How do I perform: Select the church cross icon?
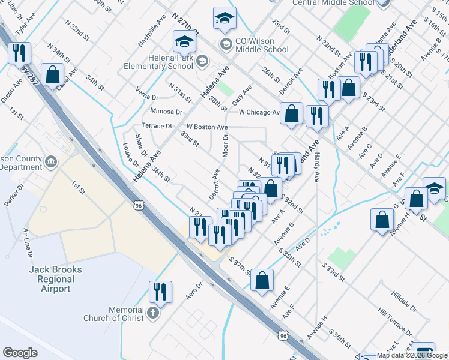[152, 313]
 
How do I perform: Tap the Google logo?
[20, 353]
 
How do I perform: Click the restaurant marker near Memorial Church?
[160, 292]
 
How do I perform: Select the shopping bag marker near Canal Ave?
[53, 75]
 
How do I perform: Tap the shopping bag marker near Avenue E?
[262, 280]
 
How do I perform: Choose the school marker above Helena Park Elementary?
[184, 41]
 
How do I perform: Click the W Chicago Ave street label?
[259, 112]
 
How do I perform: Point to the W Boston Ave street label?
[206, 127]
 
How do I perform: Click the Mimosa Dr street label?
[166, 112]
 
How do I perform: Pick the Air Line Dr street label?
[27, 242]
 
